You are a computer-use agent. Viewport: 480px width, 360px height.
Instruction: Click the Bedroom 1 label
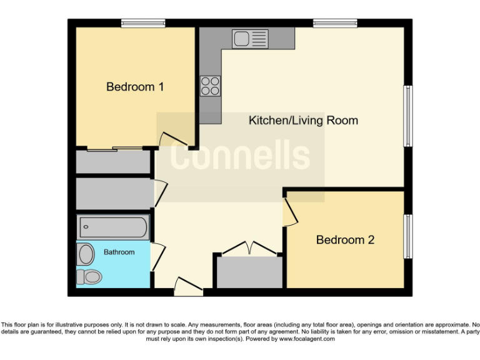pyautogui.click(x=135, y=87)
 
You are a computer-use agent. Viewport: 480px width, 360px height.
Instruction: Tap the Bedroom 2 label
pyautogui.click(x=345, y=239)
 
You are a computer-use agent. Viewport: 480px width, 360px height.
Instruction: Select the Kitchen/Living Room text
pyautogui.click(x=303, y=120)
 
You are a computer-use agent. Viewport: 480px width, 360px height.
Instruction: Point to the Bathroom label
pyautogui.click(x=119, y=252)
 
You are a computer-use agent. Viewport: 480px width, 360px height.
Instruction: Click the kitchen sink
pyautogui.click(x=249, y=39)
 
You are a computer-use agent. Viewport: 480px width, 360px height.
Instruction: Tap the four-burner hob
pyautogui.click(x=210, y=86)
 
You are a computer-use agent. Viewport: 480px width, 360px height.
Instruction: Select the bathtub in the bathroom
pyautogui.click(x=112, y=227)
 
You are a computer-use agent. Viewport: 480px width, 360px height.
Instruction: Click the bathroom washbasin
pyautogui.click(x=86, y=254)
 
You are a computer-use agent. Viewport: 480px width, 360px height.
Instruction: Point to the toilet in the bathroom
pyautogui.click(x=88, y=276)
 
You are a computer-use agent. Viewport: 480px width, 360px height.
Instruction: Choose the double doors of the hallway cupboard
pyautogui.click(x=248, y=247)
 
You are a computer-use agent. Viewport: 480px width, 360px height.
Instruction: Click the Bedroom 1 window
pyautogui.click(x=143, y=24)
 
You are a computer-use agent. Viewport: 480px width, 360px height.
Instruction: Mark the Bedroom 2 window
pyautogui.click(x=407, y=236)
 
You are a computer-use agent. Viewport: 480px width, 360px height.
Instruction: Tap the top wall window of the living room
pyautogui.click(x=335, y=24)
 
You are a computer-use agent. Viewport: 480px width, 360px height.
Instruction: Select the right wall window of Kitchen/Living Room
pyautogui.click(x=407, y=116)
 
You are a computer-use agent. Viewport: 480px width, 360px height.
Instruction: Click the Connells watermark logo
pyautogui.click(x=240, y=156)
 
